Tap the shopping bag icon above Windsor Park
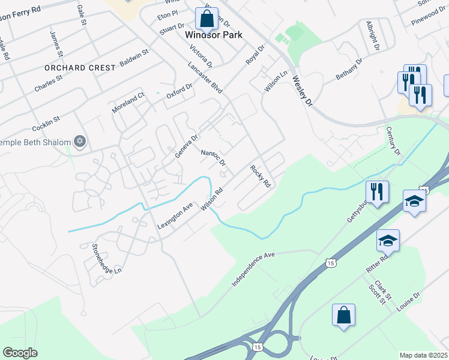pos(207,19)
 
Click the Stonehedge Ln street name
pos(106,259)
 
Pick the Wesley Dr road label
pos(303,92)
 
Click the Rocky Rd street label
pos(261,176)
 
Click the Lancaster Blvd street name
pos(205,78)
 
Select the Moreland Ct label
pos(128,103)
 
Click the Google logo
pos(20,353)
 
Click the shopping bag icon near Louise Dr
pos(343,316)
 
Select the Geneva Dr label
pos(186,146)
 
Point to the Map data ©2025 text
pos(423,355)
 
